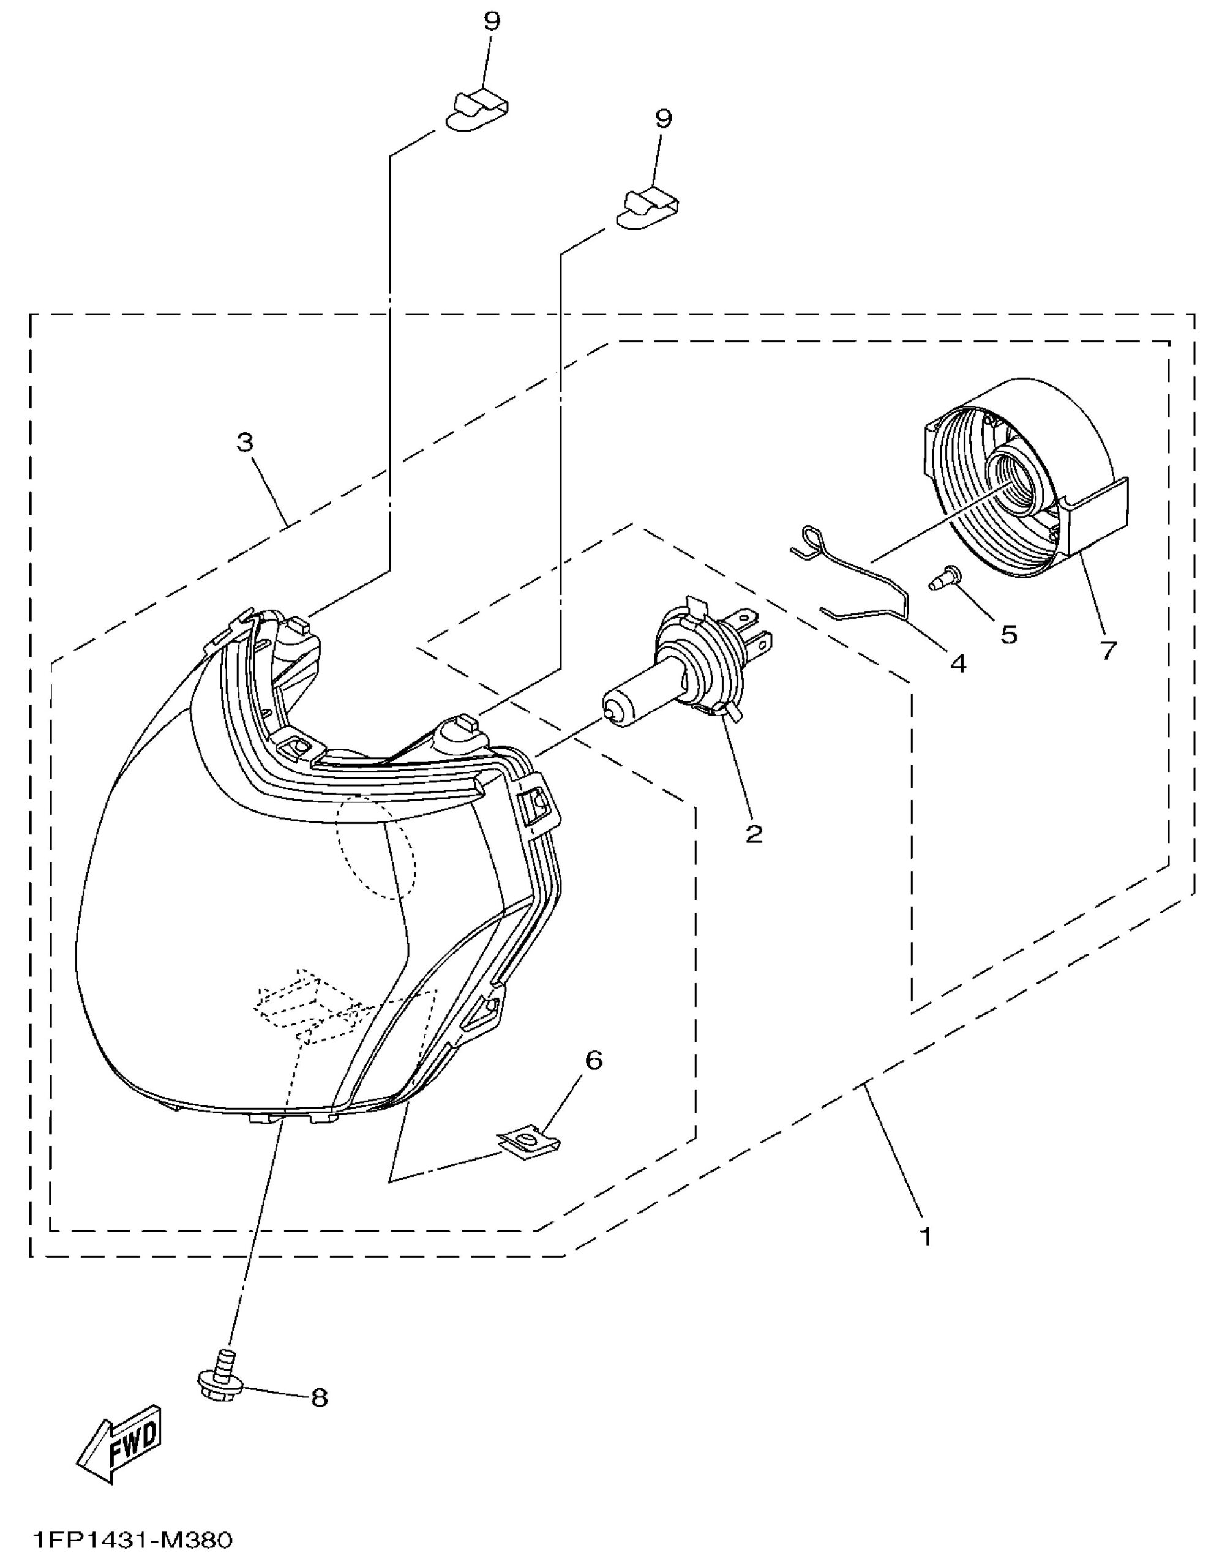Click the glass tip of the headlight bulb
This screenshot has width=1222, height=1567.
click(610, 713)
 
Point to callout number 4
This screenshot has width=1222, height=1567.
click(958, 663)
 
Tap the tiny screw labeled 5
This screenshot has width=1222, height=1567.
click(939, 577)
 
